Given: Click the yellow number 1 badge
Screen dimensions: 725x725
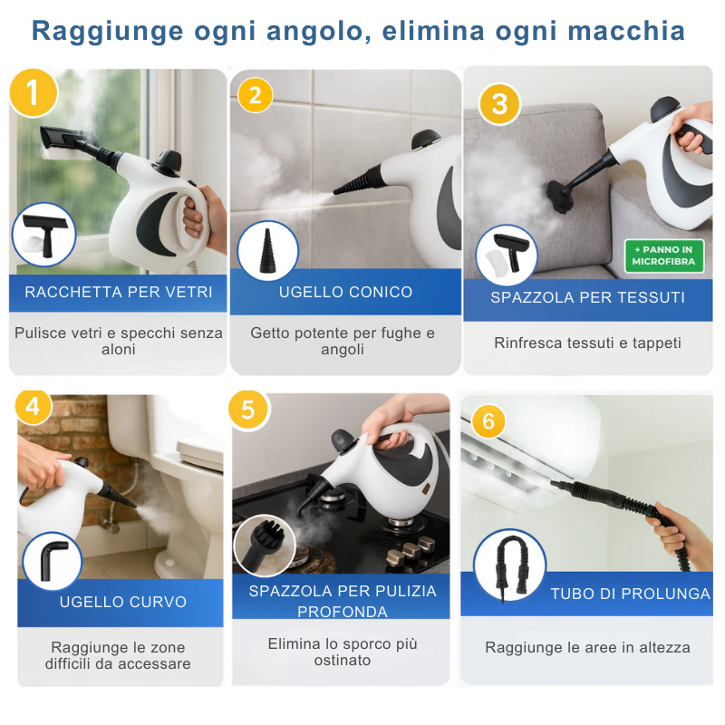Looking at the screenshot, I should (x=34, y=92).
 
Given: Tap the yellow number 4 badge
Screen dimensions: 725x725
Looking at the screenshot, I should (x=34, y=408).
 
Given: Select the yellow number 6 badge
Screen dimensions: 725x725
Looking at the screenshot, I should (x=488, y=421).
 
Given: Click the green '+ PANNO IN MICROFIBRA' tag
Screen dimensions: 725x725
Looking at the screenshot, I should (x=664, y=256).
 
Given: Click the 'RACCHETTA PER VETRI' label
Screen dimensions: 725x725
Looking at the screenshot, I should (x=119, y=292).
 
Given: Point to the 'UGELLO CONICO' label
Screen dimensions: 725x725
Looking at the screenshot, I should (x=345, y=292).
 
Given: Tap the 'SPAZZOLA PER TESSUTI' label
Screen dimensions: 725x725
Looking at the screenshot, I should (x=587, y=297).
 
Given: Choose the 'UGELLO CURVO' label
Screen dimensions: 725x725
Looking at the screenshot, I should (x=123, y=602).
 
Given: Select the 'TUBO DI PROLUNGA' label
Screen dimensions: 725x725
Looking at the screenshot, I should (x=631, y=594).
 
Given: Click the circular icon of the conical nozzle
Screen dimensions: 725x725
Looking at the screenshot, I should (x=267, y=250).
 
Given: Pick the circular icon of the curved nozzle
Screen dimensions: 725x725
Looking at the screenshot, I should (x=52, y=560).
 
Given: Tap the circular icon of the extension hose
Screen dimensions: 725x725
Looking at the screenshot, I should (x=509, y=565).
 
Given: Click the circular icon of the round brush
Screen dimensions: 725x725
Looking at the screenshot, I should (x=265, y=546).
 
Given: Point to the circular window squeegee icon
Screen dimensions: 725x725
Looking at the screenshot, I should (x=43, y=234).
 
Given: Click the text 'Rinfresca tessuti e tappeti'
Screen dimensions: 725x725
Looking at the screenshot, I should (x=587, y=343).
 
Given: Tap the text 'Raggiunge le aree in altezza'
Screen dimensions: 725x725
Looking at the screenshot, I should (x=587, y=647).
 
